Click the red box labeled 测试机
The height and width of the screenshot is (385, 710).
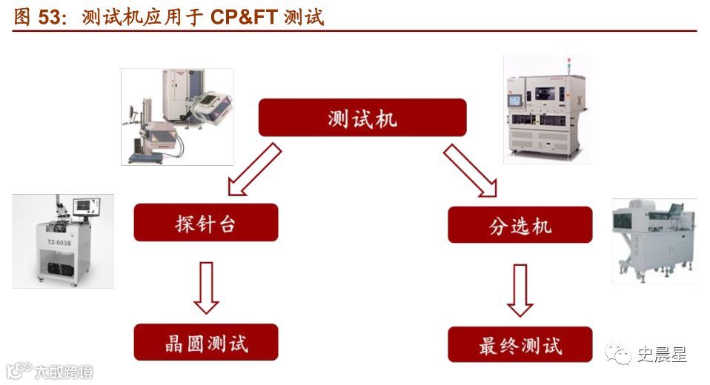coord(362,118)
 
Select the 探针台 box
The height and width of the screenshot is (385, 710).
coord(205,222)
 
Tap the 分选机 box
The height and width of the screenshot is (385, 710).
coord(520,224)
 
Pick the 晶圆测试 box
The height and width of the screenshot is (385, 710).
coord(205,342)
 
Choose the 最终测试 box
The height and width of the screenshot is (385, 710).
coord(520,344)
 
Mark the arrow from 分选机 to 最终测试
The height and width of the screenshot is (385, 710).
coord(520,289)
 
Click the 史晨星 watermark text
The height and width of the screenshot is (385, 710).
coord(661,355)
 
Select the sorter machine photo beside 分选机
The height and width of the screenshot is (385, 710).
coord(654,241)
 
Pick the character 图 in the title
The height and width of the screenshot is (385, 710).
coord(22,16)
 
